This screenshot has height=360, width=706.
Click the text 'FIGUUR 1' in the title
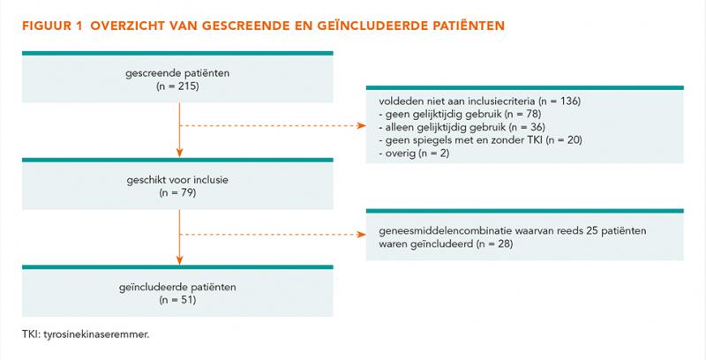[53, 26]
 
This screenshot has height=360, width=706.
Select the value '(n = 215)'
[177, 86]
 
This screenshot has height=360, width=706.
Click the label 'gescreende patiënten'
[177, 73]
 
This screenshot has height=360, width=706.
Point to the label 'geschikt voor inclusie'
[177, 180]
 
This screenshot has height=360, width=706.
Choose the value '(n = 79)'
[177, 193]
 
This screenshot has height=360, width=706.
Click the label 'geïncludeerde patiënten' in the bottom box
[177, 287]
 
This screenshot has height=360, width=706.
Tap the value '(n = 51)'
[177, 300]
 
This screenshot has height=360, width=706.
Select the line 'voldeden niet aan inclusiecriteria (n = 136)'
[480, 101]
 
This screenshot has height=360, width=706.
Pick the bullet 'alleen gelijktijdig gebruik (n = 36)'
[462, 127]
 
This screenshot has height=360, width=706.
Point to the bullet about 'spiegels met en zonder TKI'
[480, 140]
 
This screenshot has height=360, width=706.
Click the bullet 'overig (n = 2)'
[414, 154]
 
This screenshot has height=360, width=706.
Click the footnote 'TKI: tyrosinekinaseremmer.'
[85, 334]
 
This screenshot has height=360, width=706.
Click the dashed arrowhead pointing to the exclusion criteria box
[361, 125]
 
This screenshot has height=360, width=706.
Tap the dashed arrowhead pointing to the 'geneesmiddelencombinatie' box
[361, 235]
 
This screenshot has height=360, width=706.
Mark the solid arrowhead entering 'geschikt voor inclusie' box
[180, 153]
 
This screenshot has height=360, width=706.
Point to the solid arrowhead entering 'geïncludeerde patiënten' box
[180, 260]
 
